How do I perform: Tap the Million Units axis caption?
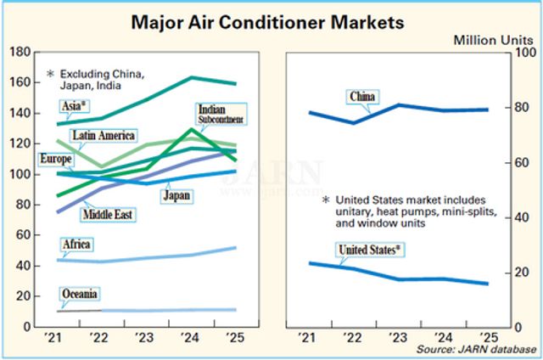click(x=495, y=40)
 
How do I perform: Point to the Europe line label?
click(x=56, y=159)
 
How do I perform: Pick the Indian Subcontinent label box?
click(x=220, y=115)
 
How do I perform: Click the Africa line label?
click(x=76, y=245)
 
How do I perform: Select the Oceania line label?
click(x=79, y=295)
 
